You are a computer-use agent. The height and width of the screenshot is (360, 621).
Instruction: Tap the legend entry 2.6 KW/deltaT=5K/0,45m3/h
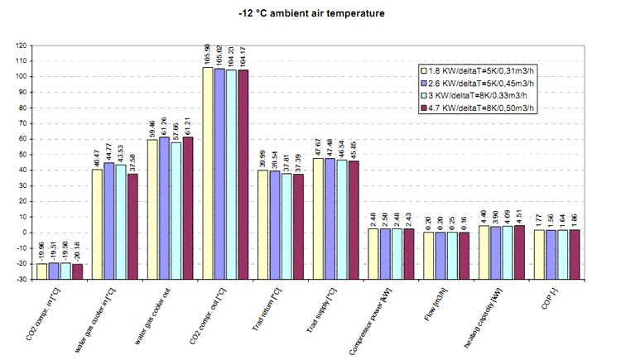pyautogui.click(x=481, y=84)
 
